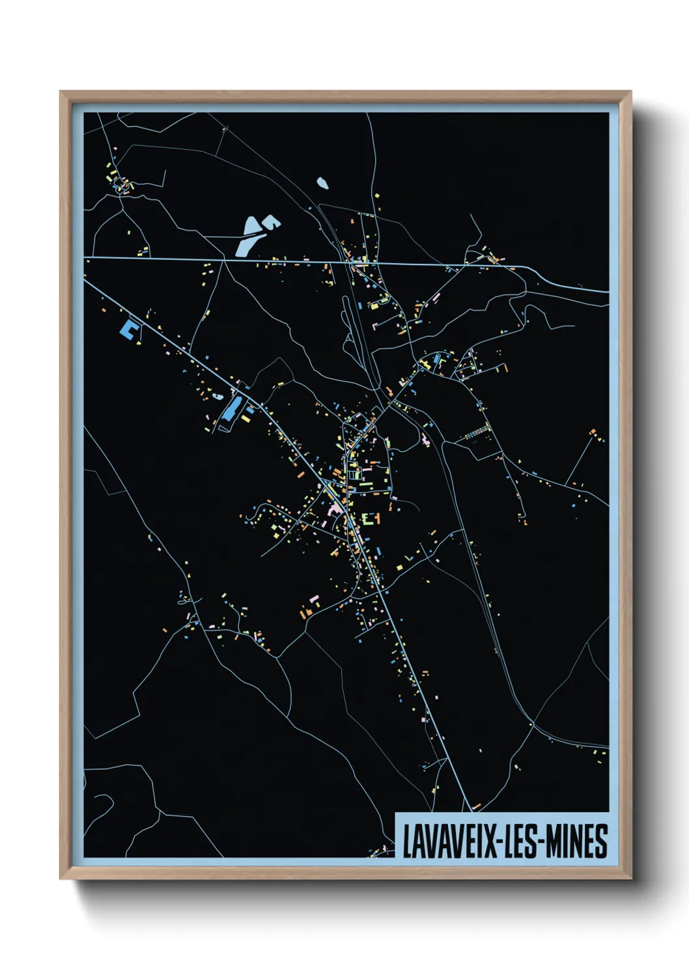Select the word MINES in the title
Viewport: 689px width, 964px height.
click(x=577, y=841)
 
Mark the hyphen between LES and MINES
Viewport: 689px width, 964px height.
click(x=542, y=842)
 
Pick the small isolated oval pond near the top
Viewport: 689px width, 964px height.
click(x=322, y=183)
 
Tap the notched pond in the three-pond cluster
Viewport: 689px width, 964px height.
click(x=271, y=223)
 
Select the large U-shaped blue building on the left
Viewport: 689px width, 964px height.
click(x=129, y=329)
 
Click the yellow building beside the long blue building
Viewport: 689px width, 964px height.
click(x=247, y=418)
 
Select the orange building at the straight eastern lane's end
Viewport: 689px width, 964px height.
click(x=593, y=431)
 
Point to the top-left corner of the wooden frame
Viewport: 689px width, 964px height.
click(x=61, y=92)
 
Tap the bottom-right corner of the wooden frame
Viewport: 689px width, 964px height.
click(x=630, y=879)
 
